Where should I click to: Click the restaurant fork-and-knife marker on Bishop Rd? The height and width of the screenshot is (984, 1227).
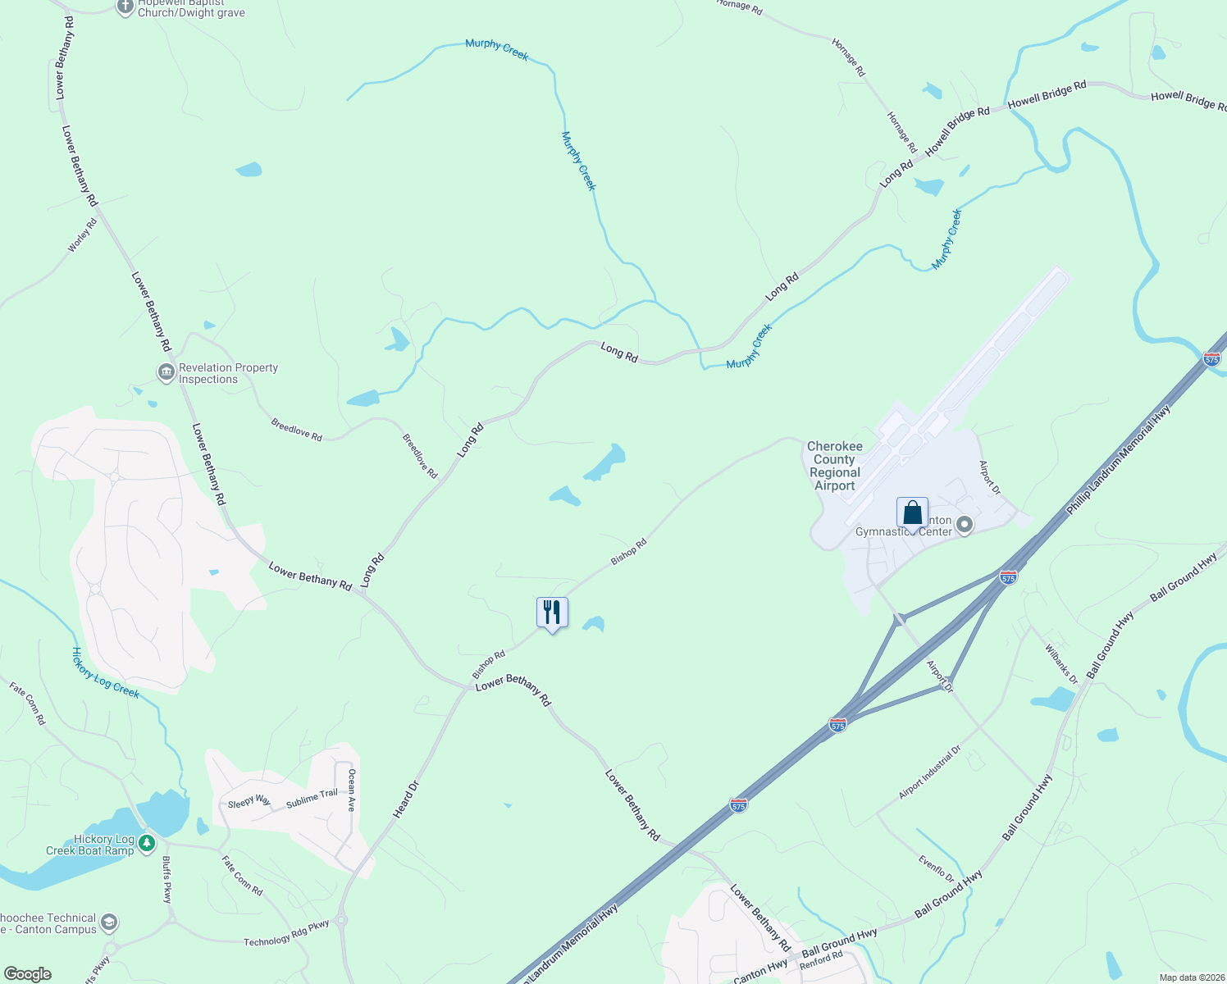click(x=552, y=613)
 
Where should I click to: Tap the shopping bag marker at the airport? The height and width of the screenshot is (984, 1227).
click(x=912, y=513)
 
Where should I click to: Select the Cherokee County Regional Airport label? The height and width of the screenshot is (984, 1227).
click(x=835, y=466)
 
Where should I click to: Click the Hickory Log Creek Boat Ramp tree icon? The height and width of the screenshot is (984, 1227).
click(x=147, y=843)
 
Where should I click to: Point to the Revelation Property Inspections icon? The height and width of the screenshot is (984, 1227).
click(x=166, y=373)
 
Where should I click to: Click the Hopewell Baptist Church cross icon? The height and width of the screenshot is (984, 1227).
click(x=125, y=7)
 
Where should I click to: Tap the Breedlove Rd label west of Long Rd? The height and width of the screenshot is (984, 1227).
click(x=296, y=430)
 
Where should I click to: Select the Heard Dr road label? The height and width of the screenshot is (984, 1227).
click(x=406, y=799)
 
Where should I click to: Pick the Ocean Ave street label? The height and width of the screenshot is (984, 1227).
click(x=352, y=790)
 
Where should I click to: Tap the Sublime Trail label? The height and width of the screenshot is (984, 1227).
click(x=312, y=799)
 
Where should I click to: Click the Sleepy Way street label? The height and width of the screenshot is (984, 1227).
click(x=249, y=801)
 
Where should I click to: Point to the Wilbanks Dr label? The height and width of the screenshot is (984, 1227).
click(x=1061, y=664)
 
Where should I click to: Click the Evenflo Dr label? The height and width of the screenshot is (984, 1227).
click(x=937, y=868)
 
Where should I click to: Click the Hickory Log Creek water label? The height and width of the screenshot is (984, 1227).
click(x=105, y=673)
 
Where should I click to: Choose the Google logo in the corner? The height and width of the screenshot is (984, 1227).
click(x=28, y=974)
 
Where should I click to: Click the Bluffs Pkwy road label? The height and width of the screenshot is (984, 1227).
click(x=166, y=880)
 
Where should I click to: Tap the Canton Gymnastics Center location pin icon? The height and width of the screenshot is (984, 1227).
click(x=965, y=525)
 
